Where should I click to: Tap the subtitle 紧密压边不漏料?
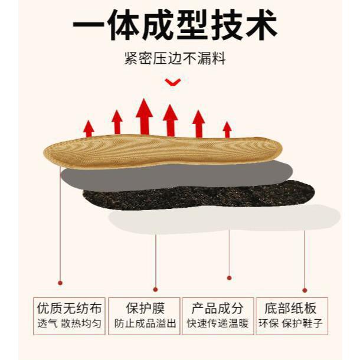pyautogui.click(x=175, y=59)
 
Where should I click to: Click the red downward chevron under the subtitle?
pyautogui.click(x=173, y=83)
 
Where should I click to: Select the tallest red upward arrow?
pyautogui.click(x=144, y=116)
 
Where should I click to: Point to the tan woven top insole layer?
pyautogui.click(x=159, y=150)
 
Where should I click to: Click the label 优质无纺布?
pyautogui.click(x=69, y=309)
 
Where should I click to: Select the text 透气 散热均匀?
pyautogui.click(x=69, y=323)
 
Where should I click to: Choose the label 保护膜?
pyautogui.click(x=145, y=309)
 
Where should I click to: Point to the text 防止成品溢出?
pyautogui.click(x=145, y=323)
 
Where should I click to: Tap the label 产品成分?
pyautogui.click(x=218, y=309)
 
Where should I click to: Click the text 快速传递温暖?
pyautogui.click(x=218, y=323)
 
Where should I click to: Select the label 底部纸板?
pyautogui.click(x=290, y=309)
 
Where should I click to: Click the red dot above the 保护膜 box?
pyautogui.click(x=155, y=289)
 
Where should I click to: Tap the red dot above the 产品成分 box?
pyautogui.click(x=229, y=277)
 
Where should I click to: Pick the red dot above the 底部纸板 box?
pyautogui.click(x=305, y=290)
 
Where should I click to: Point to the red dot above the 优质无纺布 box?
pyautogui.click(x=60, y=283)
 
